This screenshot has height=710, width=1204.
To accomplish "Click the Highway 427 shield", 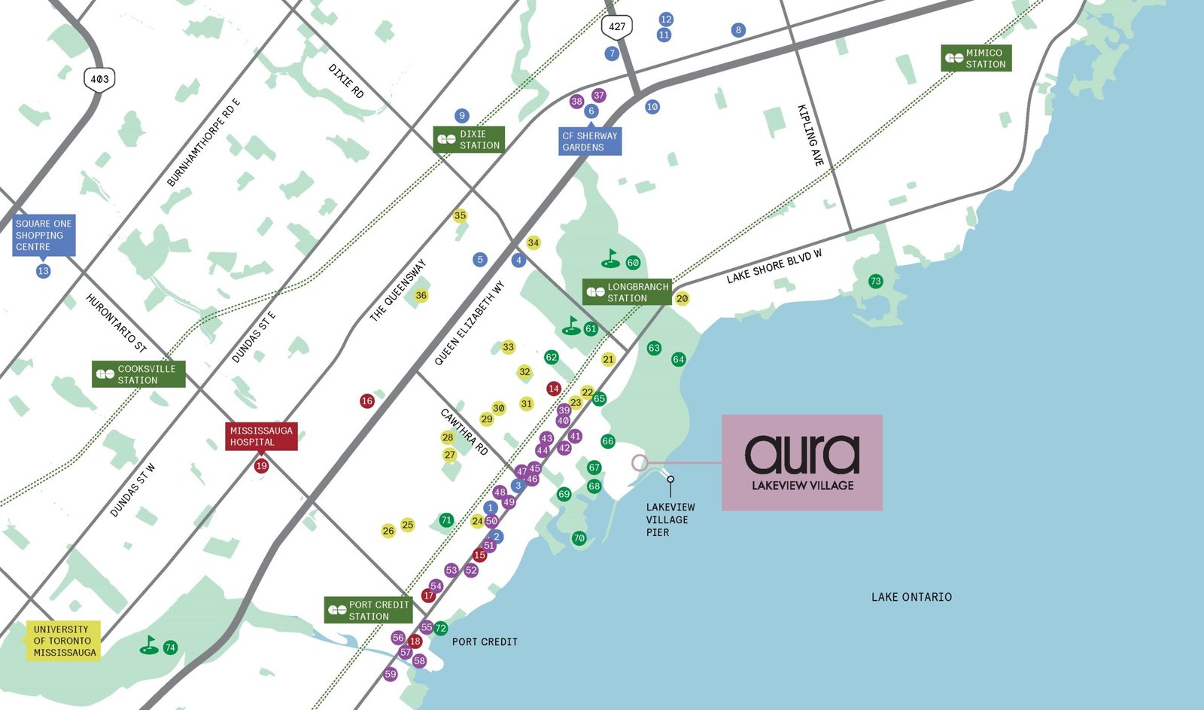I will pos(616,27).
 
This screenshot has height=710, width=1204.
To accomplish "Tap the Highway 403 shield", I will pos(99,79).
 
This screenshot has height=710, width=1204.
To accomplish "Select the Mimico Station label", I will pos(976,58).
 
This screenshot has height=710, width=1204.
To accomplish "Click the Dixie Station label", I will pos(469,139).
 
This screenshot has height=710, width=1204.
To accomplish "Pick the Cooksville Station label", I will pos(138,374).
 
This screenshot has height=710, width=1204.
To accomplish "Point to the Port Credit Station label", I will pos(369,610).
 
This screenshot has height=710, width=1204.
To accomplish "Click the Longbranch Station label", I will pos(627,292).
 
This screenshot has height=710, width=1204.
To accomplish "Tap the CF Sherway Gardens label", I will pos(590,142).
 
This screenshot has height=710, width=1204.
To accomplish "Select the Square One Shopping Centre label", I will pos(44,235).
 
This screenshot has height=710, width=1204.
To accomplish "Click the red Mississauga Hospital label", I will pos(261,437).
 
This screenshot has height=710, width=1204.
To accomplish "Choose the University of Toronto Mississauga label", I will pos(63,640).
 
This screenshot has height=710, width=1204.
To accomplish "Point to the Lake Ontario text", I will pos(911,597).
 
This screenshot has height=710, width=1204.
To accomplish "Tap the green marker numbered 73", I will pos(875,282).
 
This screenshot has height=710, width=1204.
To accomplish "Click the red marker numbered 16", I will pos(367,401).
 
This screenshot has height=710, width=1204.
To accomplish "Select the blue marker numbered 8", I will pos(738,30).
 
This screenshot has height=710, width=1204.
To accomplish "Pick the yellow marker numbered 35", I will pos(460,216).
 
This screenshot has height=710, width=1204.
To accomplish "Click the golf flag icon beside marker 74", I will pos(150,646).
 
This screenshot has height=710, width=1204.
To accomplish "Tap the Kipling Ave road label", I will pos(810,136).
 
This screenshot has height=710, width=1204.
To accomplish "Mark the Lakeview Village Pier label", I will pos(670,520).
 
